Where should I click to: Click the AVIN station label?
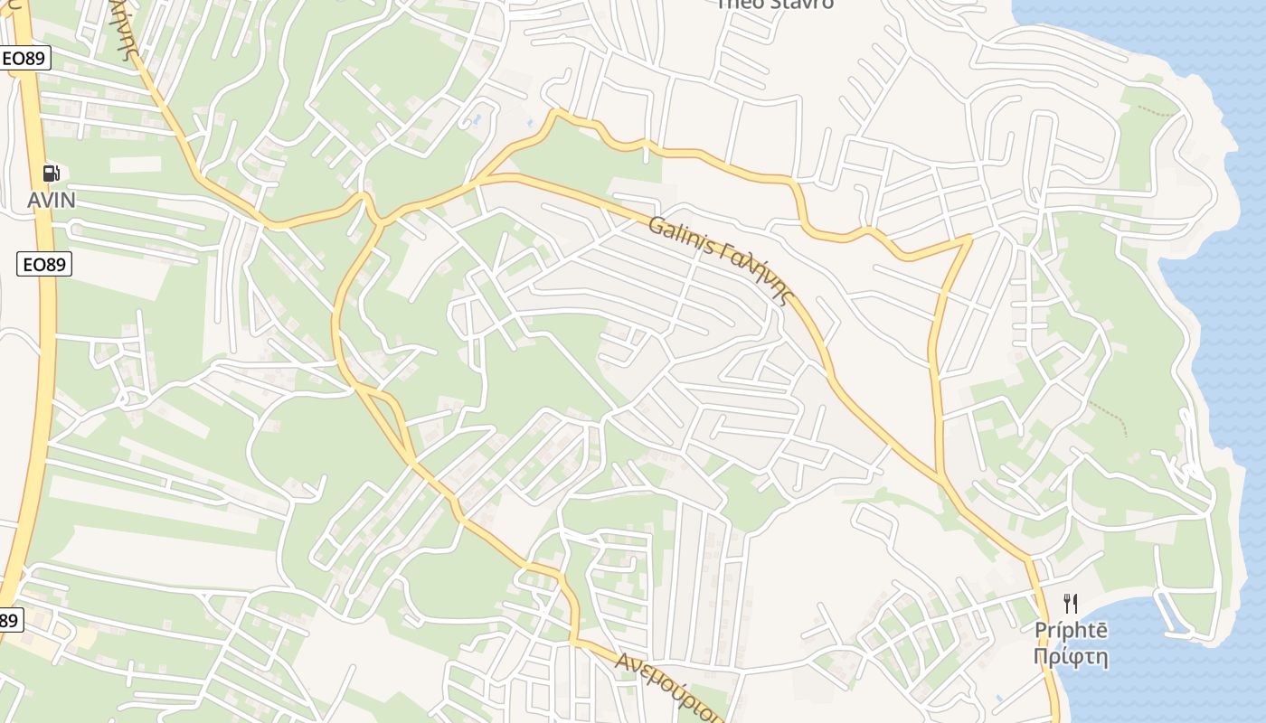click(x=51, y=200)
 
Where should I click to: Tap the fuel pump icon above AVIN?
click(x=52, y=174)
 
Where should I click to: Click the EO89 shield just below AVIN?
click(x=44, y=264)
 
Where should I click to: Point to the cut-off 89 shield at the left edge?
click(x=8, y=620)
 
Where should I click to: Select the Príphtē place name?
click(x=1071, y=631)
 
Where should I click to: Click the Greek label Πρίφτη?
click(x=1071, y=656)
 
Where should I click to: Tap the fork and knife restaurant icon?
click(x=1071, y=603)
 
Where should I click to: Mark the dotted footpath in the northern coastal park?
click(x=1158, y=111)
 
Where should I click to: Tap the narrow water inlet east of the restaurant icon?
click(x=1176, y=615)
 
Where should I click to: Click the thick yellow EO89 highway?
click(x=42, y=361)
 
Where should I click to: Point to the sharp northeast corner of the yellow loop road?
click(x=970, y=238)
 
